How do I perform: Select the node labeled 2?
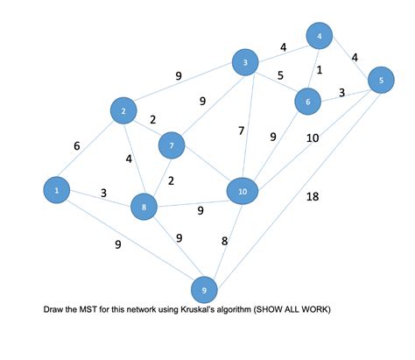point(124,110)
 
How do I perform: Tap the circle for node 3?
point(246,62)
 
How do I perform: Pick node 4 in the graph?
point(320,36)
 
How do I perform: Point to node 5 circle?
point(381,81)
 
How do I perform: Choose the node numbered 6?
point(308,102)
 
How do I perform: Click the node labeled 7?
point(172,144)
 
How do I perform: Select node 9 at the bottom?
point(204,289)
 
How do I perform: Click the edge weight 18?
point(313,197)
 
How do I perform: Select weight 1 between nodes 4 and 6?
point(320,70)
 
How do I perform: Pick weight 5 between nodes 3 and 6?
point(279,75)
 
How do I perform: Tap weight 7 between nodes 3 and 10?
point(241,131)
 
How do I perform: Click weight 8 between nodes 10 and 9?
point(224,240)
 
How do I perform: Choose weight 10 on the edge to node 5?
point(312,138)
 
